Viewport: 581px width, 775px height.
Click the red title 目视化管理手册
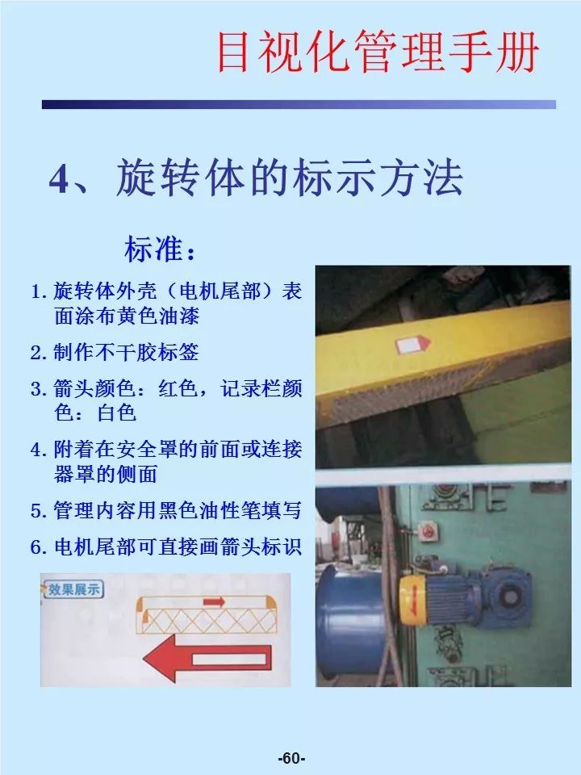point(378,54)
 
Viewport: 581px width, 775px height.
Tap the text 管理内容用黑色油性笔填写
point(178,510)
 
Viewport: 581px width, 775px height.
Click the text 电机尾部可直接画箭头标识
point(178,547)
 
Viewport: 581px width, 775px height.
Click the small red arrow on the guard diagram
point(213,601)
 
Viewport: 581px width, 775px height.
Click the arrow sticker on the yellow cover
point(412,345)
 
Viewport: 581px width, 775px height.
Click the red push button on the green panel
point(428,532)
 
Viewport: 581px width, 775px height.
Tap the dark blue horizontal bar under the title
point(299,104)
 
